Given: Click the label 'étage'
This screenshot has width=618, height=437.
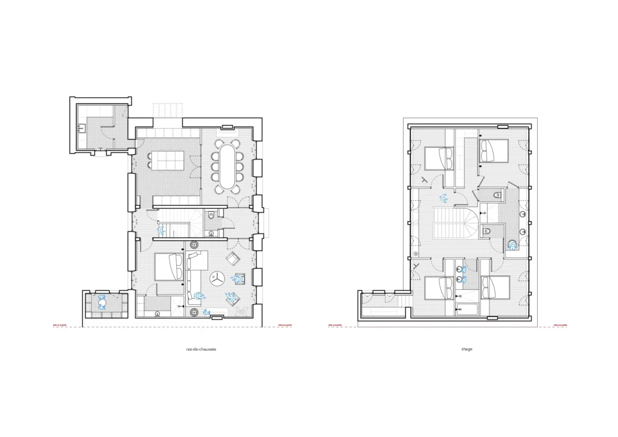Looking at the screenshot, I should coord(464,349).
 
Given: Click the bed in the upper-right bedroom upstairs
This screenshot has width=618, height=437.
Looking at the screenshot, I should coord(494,150).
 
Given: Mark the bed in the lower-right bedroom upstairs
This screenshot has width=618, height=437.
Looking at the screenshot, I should coord(495,287).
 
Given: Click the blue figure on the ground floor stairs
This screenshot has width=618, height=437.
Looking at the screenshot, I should coord(161,230).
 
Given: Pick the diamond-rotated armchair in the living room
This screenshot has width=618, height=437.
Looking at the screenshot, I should coord(232,259).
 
